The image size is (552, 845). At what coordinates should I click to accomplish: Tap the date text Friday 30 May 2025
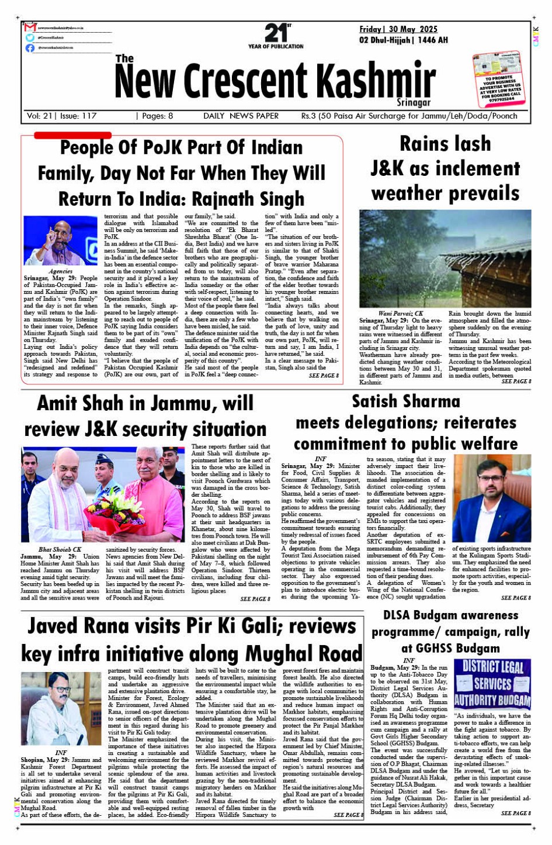coord(398,29)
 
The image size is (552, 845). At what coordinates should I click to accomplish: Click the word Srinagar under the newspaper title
coord(414,102)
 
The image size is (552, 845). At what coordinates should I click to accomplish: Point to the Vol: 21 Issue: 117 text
coord(62,116)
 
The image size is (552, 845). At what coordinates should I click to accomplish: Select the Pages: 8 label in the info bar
coord(154,116)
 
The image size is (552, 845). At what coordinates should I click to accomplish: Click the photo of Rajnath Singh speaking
coord(60,241)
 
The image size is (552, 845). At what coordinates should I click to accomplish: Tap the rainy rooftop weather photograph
coord(445,259)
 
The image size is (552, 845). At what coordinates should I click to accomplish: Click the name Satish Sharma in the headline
coord(406,401)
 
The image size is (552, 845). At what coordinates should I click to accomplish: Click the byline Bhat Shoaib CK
coord(60,549)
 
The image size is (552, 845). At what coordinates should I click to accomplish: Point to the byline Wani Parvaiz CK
coord(401,314)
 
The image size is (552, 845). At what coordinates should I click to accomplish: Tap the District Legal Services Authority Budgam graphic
coord(492,684)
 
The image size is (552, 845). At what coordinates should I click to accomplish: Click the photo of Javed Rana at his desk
coord(61,708)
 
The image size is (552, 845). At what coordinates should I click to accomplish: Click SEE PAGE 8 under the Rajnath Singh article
coord(323,376)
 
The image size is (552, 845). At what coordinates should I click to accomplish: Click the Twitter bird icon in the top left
coord(30,37)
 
